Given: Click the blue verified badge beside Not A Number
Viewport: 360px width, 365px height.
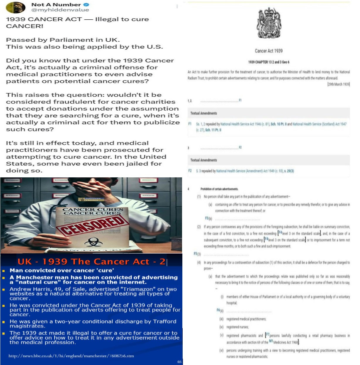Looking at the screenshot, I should pyautogui.click(x=86, y=5).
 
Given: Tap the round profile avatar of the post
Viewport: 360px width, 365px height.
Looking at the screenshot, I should pyautogui.click(x=16, y=7).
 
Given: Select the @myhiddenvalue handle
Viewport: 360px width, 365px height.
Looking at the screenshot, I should pyautogui.click(x=60, y=10).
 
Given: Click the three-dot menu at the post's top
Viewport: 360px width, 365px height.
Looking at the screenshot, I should pyautogui.click(x=177, y=6).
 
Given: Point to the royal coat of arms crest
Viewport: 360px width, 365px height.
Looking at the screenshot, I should pyautogui.click(x=269, y=23).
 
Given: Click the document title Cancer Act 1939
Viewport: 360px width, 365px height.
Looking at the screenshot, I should pyautogui.click(x=269, y=51).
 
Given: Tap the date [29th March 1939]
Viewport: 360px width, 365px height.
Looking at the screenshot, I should pyautogui.click(x=338, y=84).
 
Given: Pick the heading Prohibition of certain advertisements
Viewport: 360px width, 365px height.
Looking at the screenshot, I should pyautogui.click(x=219, y=189).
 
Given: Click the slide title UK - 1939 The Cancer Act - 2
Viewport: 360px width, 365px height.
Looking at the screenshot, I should pyautogui.click(x=91, y=262).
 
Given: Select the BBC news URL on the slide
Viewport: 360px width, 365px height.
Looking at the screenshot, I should pyautogui.click(x=71, y=356).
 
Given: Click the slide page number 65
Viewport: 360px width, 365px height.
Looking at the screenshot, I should pyautogui.click(x=179, y=362).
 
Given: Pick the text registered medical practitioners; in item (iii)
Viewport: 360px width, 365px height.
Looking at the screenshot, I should pyautogui.click(x=246, y=319).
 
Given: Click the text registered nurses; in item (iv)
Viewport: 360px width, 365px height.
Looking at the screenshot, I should pyautogui.click(x=237, y=327).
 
